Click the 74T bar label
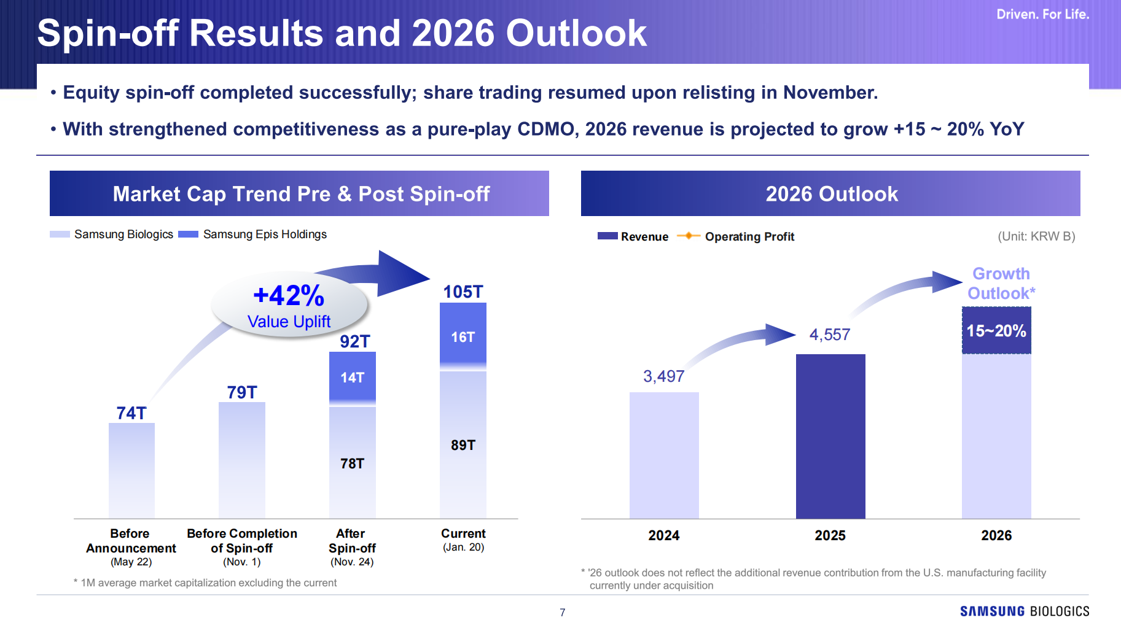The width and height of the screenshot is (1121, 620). pos(131,413)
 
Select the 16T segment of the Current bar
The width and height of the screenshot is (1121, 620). pos(463,336)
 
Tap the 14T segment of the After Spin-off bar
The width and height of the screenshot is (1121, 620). pos(352,378)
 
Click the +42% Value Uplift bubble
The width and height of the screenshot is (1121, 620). pos(289,305)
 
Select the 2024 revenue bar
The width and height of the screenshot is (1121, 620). pos(663,455)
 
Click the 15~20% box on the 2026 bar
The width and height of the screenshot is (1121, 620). pos(996,331)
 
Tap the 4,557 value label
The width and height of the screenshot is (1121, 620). pos(829,335)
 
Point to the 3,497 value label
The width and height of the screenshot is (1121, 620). pos(663,376)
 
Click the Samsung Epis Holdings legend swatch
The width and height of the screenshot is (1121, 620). pos(188,234)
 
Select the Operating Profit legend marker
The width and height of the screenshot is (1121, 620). pos(688,236)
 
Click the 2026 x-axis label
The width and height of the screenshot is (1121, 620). pos(996,535)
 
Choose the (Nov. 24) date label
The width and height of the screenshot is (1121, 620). pos(352,562)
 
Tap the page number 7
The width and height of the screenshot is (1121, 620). pos(562,612)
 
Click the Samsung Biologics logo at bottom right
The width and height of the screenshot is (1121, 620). pos(1024,611)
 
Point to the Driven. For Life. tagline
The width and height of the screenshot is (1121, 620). pos(1042,14)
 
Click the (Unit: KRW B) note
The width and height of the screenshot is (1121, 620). pos(1036,236)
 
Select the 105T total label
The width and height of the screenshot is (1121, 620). pos(463,292)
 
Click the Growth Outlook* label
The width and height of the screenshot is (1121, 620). pos(1001,284)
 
